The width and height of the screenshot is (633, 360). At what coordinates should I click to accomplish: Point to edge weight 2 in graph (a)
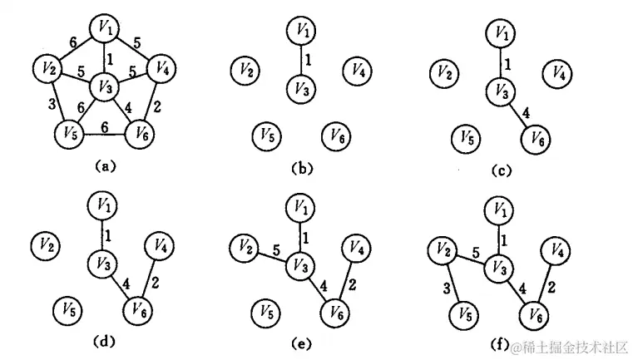[x=158, y=105]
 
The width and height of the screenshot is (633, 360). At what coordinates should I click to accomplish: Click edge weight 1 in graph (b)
[x=310, y=60]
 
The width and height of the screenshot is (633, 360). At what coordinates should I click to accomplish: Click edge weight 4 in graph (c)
[x=525, y=111]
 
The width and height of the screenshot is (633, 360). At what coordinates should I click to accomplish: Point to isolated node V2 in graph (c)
[x=444, y=73]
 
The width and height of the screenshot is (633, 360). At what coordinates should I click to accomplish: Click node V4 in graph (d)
[x=160, y=246]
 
